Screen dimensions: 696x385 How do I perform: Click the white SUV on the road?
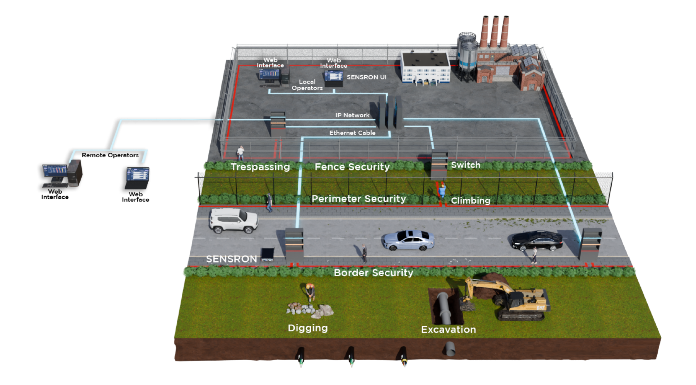tap(233, 221)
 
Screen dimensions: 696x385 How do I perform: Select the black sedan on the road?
tap(537, 240)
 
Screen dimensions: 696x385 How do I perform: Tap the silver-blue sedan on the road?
tap(408, 240)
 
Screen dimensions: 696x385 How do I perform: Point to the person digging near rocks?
tap(310, 292)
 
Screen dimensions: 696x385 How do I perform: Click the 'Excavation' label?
tap(449, 329)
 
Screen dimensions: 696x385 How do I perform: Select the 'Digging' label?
tap(308, 328)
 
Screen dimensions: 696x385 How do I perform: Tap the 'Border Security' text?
tap(374, 273)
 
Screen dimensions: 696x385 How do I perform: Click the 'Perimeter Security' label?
tap(359, 199)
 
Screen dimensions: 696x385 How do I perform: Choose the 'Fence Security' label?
tap(352, 167)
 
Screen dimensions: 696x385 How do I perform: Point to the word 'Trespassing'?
tap(260, 167)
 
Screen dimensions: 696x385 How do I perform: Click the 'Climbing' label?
tap(471, 201)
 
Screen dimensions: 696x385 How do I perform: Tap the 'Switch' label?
tap(466, 165)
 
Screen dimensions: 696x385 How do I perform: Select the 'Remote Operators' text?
tap(110, 155)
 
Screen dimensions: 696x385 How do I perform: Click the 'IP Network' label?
tap(352, 115)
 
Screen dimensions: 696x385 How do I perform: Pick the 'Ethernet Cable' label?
tap(352, 133)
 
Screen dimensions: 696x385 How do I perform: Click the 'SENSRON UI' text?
tap(367, 77)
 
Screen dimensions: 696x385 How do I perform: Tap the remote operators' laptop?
tap(137, 178)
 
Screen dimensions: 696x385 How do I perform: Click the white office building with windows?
tap(425, 68)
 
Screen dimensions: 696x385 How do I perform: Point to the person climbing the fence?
tap(442, 191)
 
